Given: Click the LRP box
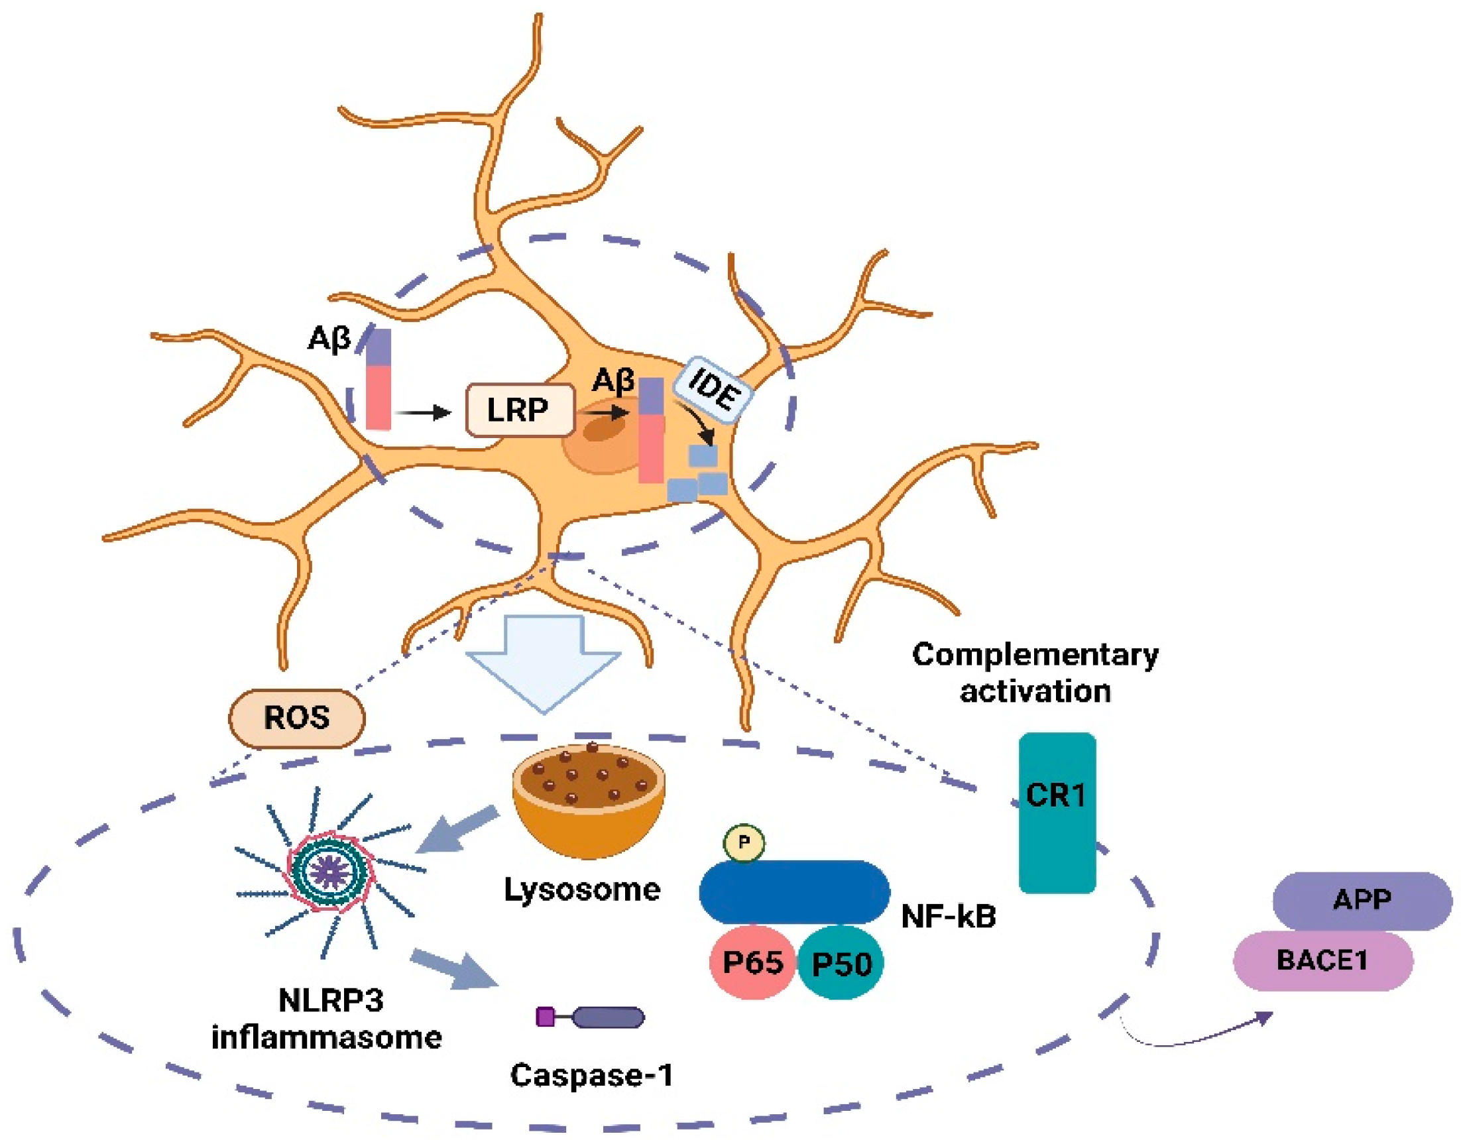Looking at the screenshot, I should click(520, 410).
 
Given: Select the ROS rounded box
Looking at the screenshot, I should click(296, 718).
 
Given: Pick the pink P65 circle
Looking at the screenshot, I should click(752, 964).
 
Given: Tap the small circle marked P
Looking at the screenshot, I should click(744, 842).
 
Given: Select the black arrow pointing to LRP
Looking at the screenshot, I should click(423, 412).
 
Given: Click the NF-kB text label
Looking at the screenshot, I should click(949, 917).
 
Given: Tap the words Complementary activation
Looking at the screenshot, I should click(1035, 672).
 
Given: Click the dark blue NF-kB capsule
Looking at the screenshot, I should click(795, 891).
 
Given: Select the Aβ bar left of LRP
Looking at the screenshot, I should click(379, 380).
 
